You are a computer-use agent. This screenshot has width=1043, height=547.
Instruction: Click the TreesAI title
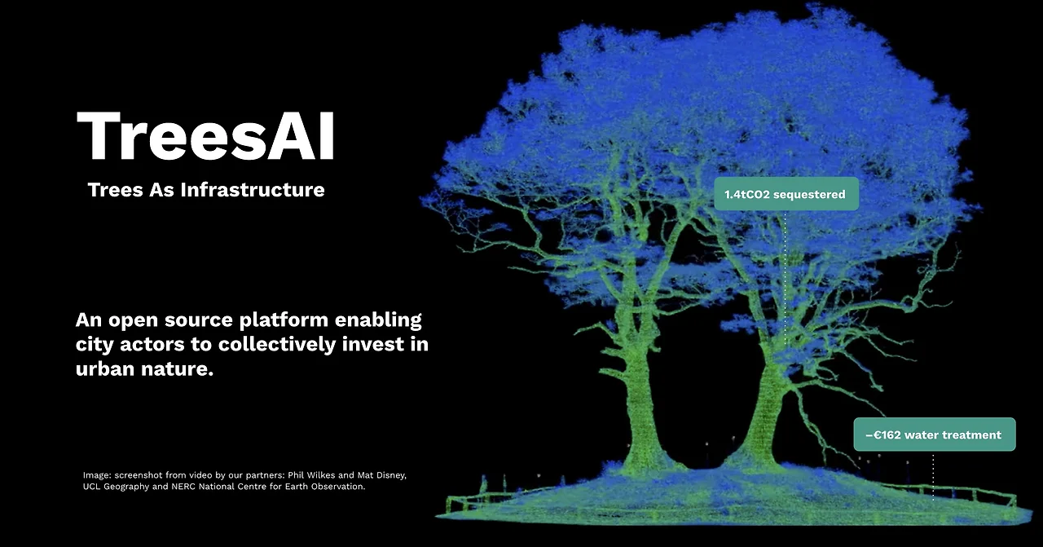pyautogui.click(x=205, y=137)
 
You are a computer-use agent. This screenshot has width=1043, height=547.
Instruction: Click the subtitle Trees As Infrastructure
pyautogui.click(x=205, y=190)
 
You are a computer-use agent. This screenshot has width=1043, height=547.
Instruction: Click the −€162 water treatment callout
pyautogui.click(x=934, y=435)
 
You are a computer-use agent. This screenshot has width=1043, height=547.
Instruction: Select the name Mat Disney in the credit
pyautogui.click(x=383, y=474)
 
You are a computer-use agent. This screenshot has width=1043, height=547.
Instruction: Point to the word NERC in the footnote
pyautogui.click(x=191, y=487)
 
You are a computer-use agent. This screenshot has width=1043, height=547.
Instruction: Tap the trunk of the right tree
pyautogui.click(x=764, y=408)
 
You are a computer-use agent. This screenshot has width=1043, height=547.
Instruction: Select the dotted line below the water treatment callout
pyautogui.click(x=933, y=473)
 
